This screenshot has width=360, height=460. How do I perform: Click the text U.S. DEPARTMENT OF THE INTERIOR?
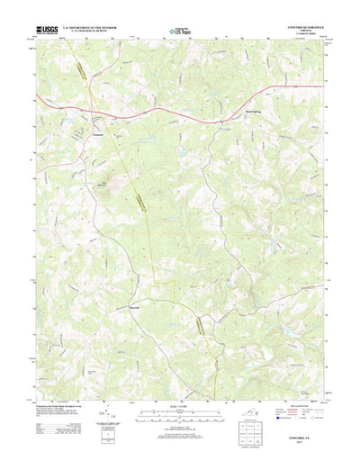click(x=90, y=27)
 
